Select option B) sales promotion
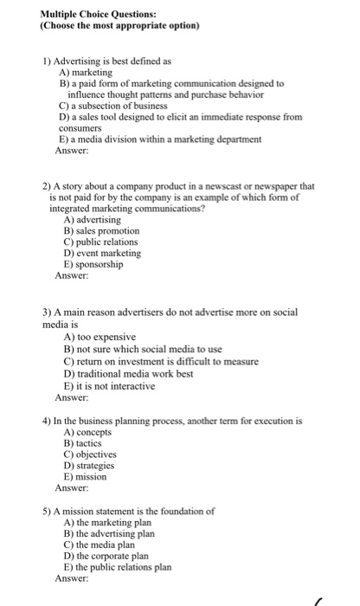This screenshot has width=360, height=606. point(100,231)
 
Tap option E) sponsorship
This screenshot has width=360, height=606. point(93,265)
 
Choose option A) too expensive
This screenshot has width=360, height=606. point(100,336)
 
